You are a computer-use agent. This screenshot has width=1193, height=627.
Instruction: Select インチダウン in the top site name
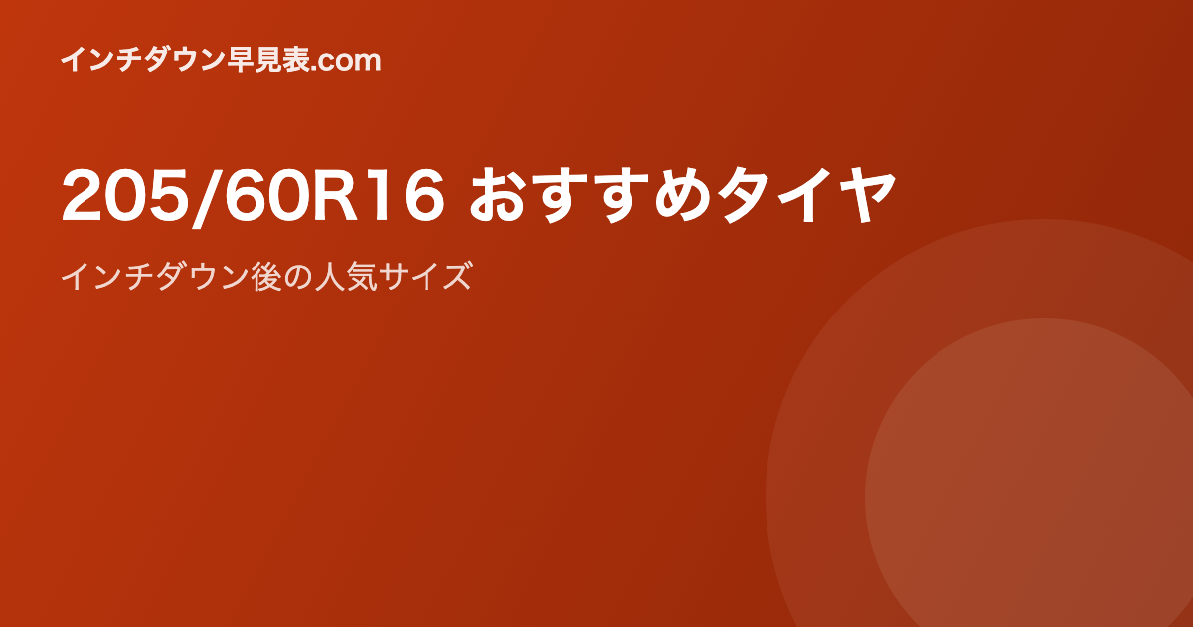(144, 60)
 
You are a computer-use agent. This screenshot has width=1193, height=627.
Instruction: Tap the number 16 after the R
(405, 195)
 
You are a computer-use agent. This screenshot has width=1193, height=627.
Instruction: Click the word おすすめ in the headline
(591, 195)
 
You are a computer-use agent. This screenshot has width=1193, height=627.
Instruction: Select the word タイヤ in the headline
(805, 195)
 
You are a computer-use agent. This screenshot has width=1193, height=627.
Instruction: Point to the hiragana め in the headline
(683, 196)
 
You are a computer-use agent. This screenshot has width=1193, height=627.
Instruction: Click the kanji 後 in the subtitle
(266, 277)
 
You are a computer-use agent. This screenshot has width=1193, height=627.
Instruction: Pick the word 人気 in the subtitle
(347, 277)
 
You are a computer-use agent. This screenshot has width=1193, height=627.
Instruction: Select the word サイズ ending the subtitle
(426, 277)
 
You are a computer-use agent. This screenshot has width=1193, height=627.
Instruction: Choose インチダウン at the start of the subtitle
(155, 277)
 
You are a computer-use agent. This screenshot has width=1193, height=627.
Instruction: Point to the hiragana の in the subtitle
(298, 278)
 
